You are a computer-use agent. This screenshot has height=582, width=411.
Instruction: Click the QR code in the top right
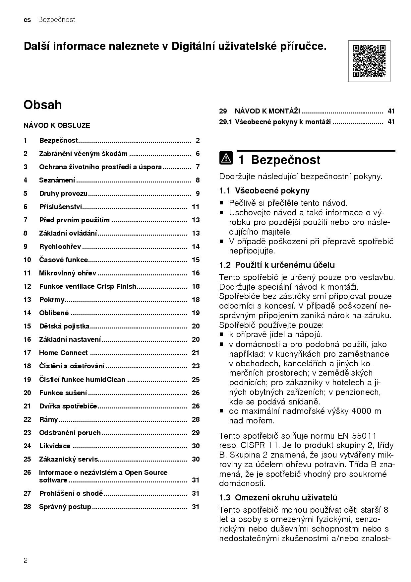[x=369, y=61]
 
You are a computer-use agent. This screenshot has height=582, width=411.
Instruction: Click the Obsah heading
[x=43, y=105]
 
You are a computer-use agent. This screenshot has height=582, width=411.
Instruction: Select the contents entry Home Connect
[x=63, y=353]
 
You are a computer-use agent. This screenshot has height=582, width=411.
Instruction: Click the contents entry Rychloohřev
[x=60, y=247]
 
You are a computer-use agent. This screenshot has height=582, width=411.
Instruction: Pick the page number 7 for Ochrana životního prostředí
[x=198, y=167]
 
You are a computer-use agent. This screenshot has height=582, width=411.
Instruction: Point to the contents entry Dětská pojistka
[x=64, y=326]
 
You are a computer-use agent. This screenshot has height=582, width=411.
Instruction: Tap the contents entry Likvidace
[x=55, y=446]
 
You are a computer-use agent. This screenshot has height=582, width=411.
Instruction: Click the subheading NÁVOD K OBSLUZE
[x=57, y=125]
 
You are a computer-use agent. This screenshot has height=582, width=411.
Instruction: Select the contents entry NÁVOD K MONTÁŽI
[x=267, y=111]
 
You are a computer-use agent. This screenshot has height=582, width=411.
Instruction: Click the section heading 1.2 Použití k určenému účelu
[x=277, y=265]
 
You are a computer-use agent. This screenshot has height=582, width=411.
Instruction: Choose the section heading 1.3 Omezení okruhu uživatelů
[x=278, y=497]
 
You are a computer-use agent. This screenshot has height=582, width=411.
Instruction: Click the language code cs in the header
[x=27, y=20]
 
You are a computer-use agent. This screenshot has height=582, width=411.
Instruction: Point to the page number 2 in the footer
[x=26, y=561]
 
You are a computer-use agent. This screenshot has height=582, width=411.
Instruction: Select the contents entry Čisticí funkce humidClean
[x=82, y=380]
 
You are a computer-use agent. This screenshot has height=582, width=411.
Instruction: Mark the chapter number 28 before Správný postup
[x=27, y=507]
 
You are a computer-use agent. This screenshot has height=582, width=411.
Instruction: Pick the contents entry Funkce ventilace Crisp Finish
[x=88, y=286]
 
